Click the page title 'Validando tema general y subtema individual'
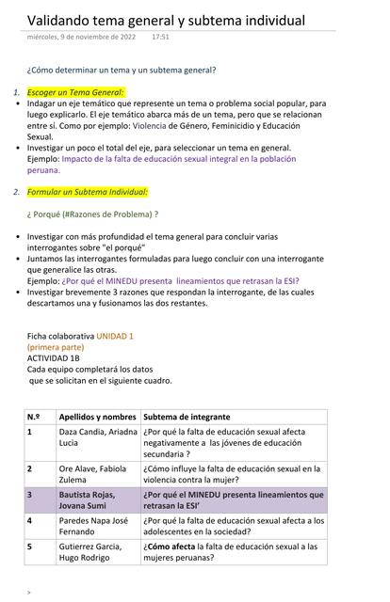(x=166, y=20)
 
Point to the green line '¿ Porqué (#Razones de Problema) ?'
(x=92, y=214)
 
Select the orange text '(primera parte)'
(x=55, y=347)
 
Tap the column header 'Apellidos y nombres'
(x=98, y=416)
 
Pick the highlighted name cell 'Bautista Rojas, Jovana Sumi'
(x=87, y=500)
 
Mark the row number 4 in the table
(x=30, y=520)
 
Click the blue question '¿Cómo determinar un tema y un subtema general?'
(x=122, y=70)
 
